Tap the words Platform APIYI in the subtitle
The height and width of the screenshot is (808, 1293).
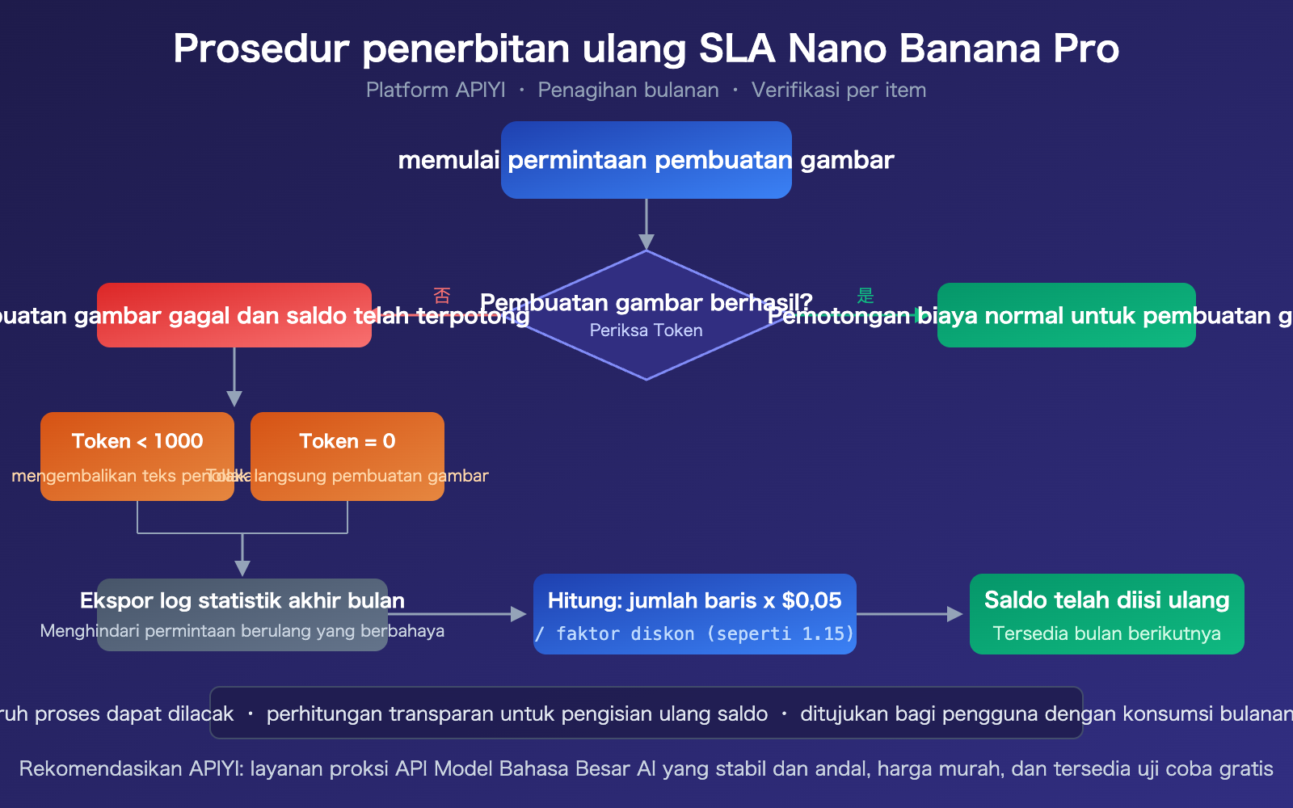pos(436,90)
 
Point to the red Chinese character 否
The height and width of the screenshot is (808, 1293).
pos(442,296)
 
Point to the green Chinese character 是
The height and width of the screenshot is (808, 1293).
pos(866,296)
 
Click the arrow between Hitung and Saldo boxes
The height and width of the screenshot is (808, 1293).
pos(909,614)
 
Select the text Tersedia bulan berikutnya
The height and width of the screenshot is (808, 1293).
pos(1107,633)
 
